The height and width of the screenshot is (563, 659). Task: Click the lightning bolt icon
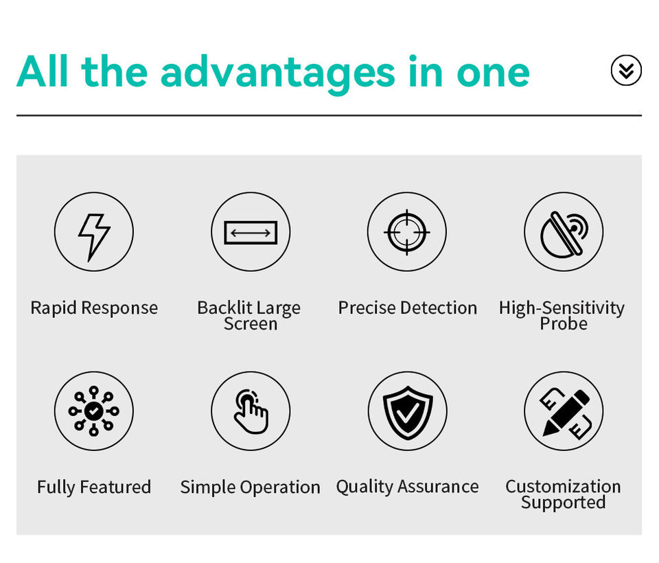94,236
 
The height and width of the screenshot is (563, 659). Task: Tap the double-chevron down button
626,70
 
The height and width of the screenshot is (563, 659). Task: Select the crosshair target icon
407,232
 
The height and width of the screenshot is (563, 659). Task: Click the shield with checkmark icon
407,412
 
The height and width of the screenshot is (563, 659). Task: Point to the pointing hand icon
251,412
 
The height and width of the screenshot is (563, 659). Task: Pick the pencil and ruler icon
565,413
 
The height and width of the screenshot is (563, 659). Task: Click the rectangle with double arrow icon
251,233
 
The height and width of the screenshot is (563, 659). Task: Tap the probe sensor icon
564,233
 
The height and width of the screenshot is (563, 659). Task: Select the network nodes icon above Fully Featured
94,411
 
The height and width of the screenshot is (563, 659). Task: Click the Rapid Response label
94,308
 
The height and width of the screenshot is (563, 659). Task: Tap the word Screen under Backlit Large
251,324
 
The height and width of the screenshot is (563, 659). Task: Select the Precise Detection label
408,308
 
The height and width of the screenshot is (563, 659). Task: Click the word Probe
564,324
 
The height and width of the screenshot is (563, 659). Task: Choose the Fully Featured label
94,487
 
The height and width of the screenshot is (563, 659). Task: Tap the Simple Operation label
251,487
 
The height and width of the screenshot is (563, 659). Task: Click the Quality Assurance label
407,487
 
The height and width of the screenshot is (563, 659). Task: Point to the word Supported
563,503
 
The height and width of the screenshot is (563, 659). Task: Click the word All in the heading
42,71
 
